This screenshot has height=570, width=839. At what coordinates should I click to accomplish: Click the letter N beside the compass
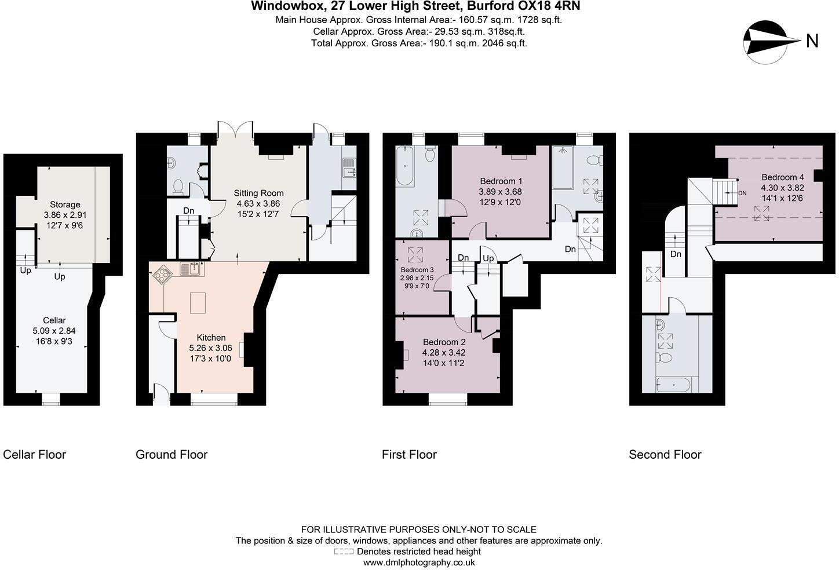click(x=812, y=41)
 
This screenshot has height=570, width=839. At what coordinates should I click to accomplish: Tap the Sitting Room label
click(x=258, y=193)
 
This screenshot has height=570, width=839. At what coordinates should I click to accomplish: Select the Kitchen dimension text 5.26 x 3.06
click(x=210, y=348)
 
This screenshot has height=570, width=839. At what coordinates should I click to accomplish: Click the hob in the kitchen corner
click(x=162, y=275)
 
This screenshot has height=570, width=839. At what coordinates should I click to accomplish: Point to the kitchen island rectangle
click(x=198, y=303)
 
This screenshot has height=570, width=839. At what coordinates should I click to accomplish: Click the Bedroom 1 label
click(x=501, y=181)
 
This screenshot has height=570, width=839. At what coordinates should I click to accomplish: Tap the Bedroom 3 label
click(x=417, y=269)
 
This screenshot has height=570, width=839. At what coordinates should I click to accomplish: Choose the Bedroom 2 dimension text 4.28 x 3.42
click(x=443, y=352)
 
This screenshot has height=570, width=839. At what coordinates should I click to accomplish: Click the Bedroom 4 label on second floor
click(x=782, y=177)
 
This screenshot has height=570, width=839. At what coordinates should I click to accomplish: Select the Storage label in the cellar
click(x=65, y=204)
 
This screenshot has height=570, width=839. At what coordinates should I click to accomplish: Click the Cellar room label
click(x=54, y=320)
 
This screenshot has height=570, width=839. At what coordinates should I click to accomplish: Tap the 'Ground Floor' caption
click(x=172, y=454)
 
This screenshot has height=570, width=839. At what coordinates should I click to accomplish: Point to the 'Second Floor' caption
click(x=665, y=454)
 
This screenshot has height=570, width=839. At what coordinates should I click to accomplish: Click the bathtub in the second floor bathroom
click(x=673, y=385)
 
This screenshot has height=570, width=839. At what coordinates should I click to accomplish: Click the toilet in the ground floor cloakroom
click(x=178, y=187)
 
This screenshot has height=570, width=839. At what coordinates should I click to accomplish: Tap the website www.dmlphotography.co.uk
click(x=419, y=562)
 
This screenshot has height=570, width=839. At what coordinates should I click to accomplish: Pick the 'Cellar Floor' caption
click(x=34, y=454)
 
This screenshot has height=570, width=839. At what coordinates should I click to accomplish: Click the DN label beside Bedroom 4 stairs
click(x=742, y=193)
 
